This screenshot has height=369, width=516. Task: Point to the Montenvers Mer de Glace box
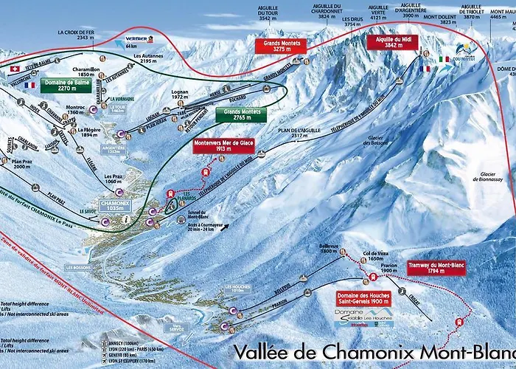[218, 145]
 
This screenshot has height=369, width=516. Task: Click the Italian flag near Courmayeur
[444, 59]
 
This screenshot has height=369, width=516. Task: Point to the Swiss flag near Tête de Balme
[15, 68]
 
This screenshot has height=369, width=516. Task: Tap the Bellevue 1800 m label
[329, 248]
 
